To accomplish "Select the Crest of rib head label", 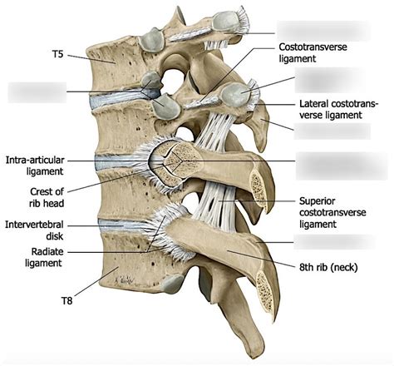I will click(x=37, y=196).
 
